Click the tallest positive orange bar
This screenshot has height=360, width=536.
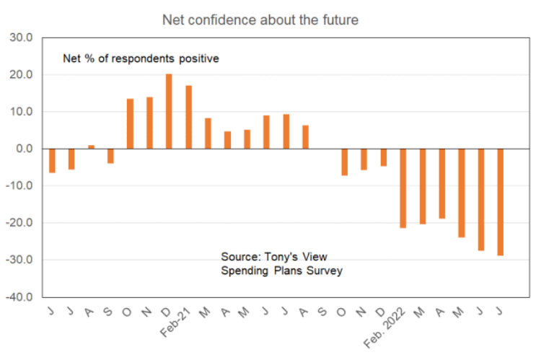point(169,111)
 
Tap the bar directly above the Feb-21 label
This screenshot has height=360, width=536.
point(188,117)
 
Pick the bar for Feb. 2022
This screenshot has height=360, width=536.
point(403,188)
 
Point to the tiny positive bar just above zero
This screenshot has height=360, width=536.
point(91,146)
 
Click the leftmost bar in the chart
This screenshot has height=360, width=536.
point(52,161)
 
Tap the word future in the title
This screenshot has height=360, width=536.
point(338,19)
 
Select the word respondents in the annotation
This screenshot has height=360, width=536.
point(141,58)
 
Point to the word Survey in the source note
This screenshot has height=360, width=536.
point(325,271)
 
